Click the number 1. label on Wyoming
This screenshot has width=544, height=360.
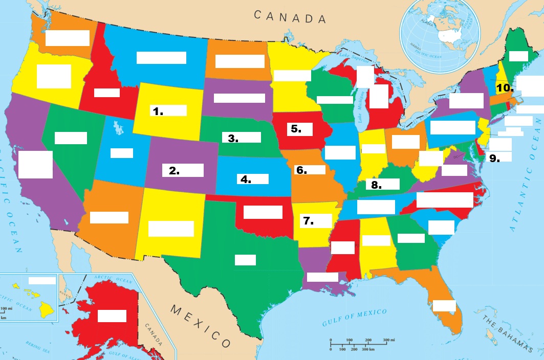click(x=158, y=110)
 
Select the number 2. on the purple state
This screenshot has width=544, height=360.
click(x=174, y=171)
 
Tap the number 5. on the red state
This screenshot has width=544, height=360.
click(x=296, y=128)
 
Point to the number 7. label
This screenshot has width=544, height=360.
click(x=308, y=221)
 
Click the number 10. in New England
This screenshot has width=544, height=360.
click(x=505, y=87)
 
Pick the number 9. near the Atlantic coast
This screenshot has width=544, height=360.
click(x=494, y=158)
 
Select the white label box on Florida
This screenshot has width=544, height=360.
click(x=444, y=306)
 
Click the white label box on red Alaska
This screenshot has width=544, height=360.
click(x=112, y=316)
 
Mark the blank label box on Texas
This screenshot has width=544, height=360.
click(x=245, y=260)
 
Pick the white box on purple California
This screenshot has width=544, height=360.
click(x=35, y=164)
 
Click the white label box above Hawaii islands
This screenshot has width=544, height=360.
click(x=42, y=280)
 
